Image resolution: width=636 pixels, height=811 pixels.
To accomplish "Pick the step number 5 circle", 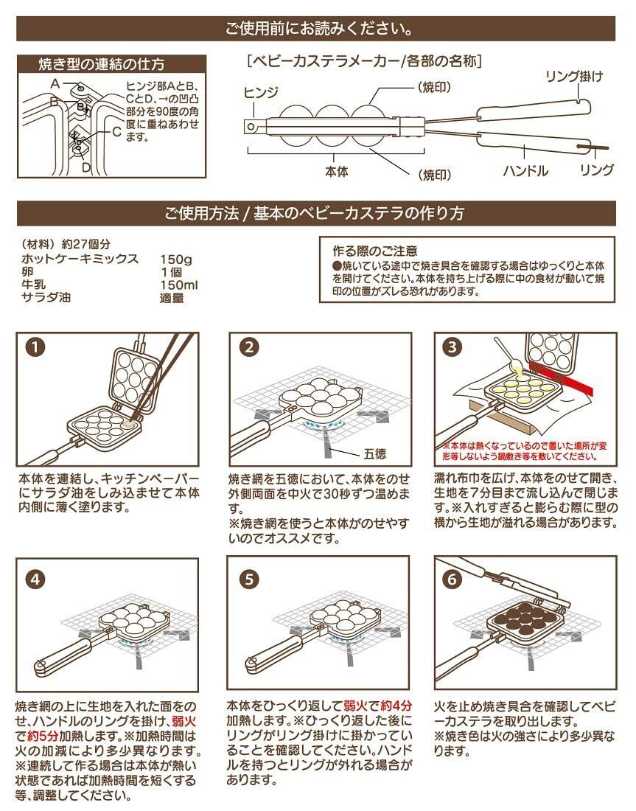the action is click(250, 578).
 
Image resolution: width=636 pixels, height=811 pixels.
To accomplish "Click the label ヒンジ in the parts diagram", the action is click(261, 92).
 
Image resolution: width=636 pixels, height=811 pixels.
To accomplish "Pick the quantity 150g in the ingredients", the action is click(175, 259).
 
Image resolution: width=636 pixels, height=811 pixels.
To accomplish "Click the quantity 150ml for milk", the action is click(178, 285).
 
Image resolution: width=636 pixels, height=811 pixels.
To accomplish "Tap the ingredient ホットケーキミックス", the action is click(80, 259).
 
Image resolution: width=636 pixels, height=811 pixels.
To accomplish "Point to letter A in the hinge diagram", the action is click(54, 83).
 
